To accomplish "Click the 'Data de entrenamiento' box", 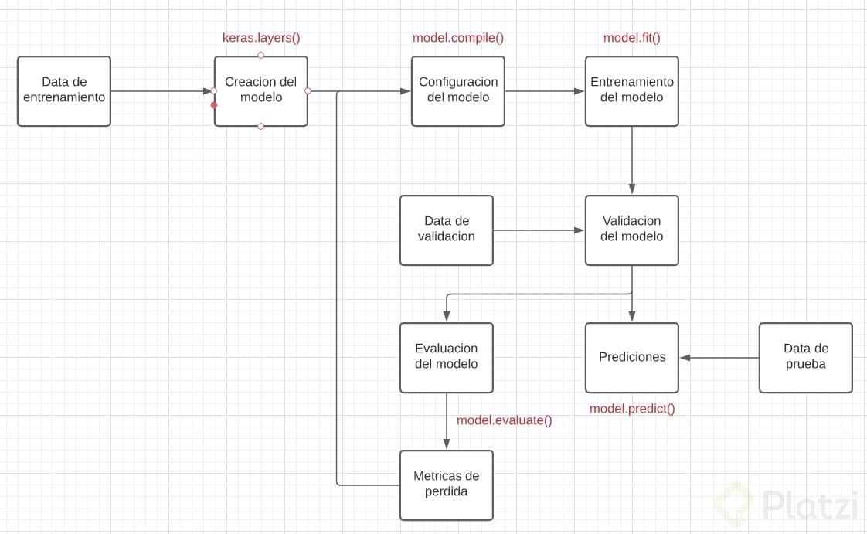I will pyautogui.click(x=64, y=90).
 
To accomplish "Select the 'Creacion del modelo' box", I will pyautogui.click(x=260, y=90).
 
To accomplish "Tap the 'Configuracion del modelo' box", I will pyautogui.click(x=457, y=90).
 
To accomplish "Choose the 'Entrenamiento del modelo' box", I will pyautogui.click(x=631, y=90).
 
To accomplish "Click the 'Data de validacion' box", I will pyautogui.click(x=446, y=230).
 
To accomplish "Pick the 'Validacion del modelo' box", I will pyautogui.click(x=631, y=230).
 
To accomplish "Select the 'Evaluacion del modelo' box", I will pyautogui.click(x=446, y=357).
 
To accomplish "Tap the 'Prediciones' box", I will pyautogui.click(x=631, y=357).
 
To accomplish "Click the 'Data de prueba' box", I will pyautogui.click(x=805, y=357).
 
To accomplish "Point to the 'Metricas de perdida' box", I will pyautogui.click(x=446, y=485).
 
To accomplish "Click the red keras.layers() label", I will pyautogui.click(x=260, y=38).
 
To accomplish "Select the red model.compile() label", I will pyautogui.click(x=457, y=38).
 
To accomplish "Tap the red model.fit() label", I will pyautogui.click(x=631, y=38).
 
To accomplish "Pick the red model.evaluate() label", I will pyautogui.click(x=504, y=420).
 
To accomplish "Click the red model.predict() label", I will pyautogui.click(x=631, y=409).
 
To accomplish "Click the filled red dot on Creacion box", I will pyautogui.click(x=214, y=105).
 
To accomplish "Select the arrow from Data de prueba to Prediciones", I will pyautogui.click(x=719, y=358).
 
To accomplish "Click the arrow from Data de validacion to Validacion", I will pyautogui.click(x=539, y=230).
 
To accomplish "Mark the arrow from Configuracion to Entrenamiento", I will pyautogui.click(x=545, y=91).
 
